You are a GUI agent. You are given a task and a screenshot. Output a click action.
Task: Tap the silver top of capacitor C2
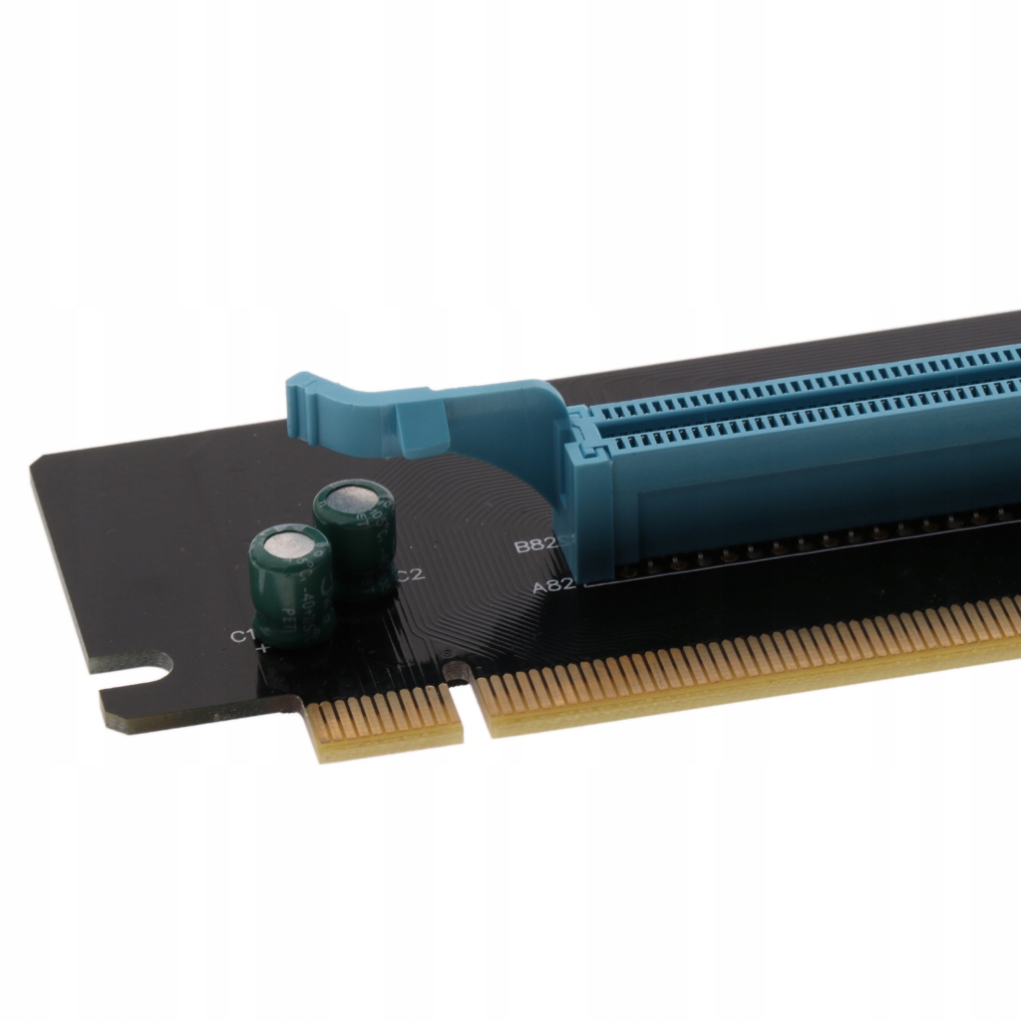click(x=352, y=498)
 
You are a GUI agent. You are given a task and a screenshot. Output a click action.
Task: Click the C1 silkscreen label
click(x=241, y=636)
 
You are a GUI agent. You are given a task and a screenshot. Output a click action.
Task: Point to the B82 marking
click(x=533, y=546)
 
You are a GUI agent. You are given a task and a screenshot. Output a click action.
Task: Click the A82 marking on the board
click(x=553, y=586)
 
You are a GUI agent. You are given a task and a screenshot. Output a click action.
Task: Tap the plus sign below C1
click(x=263, y=649)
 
